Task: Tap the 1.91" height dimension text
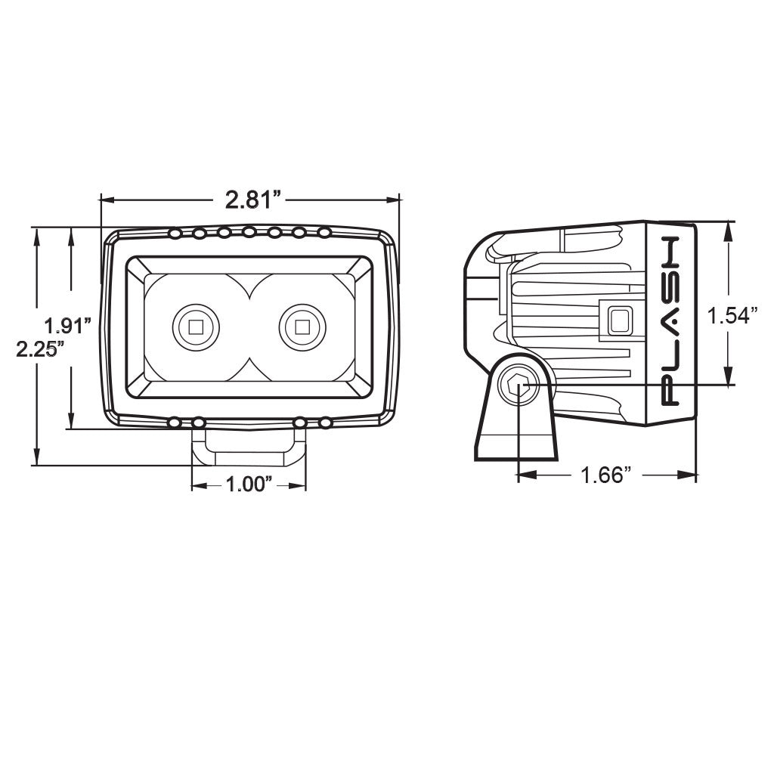[x=68, y=327]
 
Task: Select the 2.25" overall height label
[x=41, y=349]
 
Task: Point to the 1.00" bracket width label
[x=249, y=485]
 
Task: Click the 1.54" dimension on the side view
[x=732, y=316]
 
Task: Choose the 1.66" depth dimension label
[x=605, y=475]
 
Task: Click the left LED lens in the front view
[x=196, y=327]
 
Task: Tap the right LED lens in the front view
[x=302, y=327]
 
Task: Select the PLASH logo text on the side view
[x=671, y=320]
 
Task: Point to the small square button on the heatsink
[x=621, y=320]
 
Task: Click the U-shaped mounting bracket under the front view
[x=249, y=447]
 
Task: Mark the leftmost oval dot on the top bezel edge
[x=175, y=233]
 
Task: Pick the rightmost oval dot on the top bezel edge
[x=324, y=232]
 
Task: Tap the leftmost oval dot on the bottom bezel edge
[x=175, y=423]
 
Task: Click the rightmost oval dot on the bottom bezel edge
[x=325, y=423]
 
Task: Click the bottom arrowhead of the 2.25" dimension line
[x=36, y=456]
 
